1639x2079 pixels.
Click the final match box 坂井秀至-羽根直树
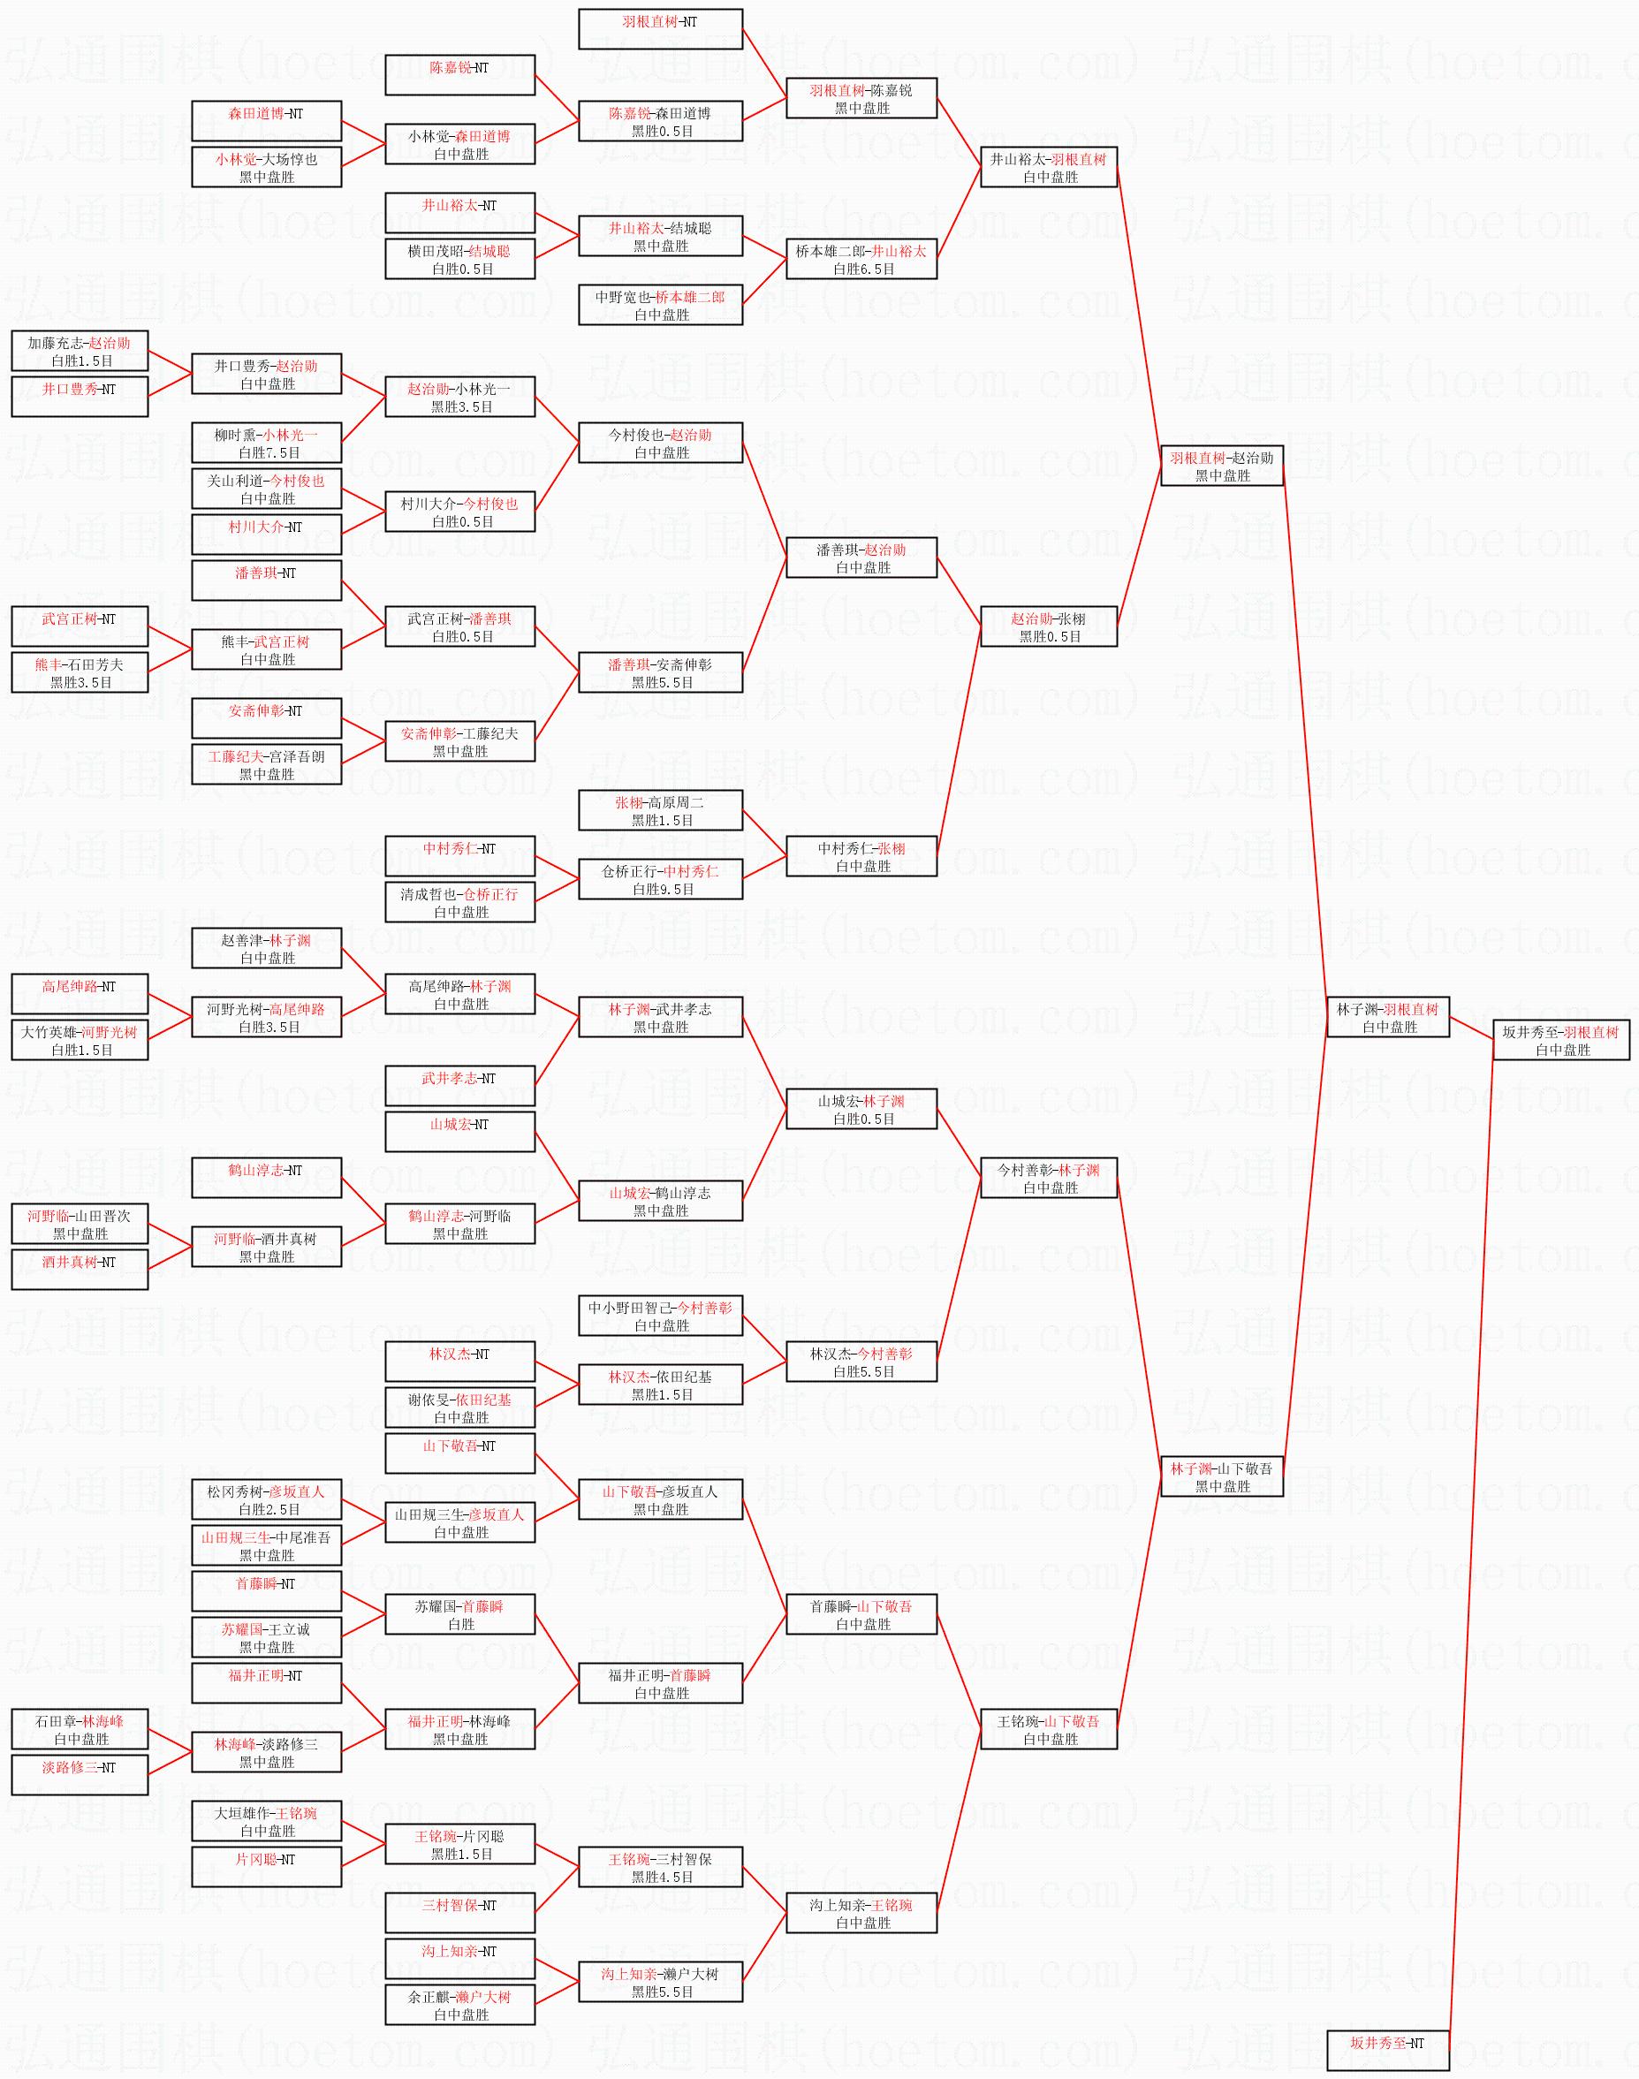point(1561,1040)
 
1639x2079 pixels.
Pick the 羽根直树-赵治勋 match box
point(1222,466)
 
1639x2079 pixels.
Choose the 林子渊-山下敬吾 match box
point(1222,1476)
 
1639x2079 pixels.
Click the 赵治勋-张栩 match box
point(1049,626)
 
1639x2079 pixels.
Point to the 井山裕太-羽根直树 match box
point(1049,167)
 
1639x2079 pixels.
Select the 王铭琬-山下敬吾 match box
point(1049,1729)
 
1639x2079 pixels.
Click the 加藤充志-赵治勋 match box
point(80,351)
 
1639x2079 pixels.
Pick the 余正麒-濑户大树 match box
point(459,2004)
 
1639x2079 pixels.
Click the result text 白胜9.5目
point(663,890)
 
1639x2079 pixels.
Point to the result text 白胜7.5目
point(269,453)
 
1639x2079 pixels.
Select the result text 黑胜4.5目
point(663,1878)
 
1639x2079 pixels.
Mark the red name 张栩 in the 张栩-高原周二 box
point(628,803)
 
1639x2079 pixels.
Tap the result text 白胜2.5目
point(269,1509)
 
